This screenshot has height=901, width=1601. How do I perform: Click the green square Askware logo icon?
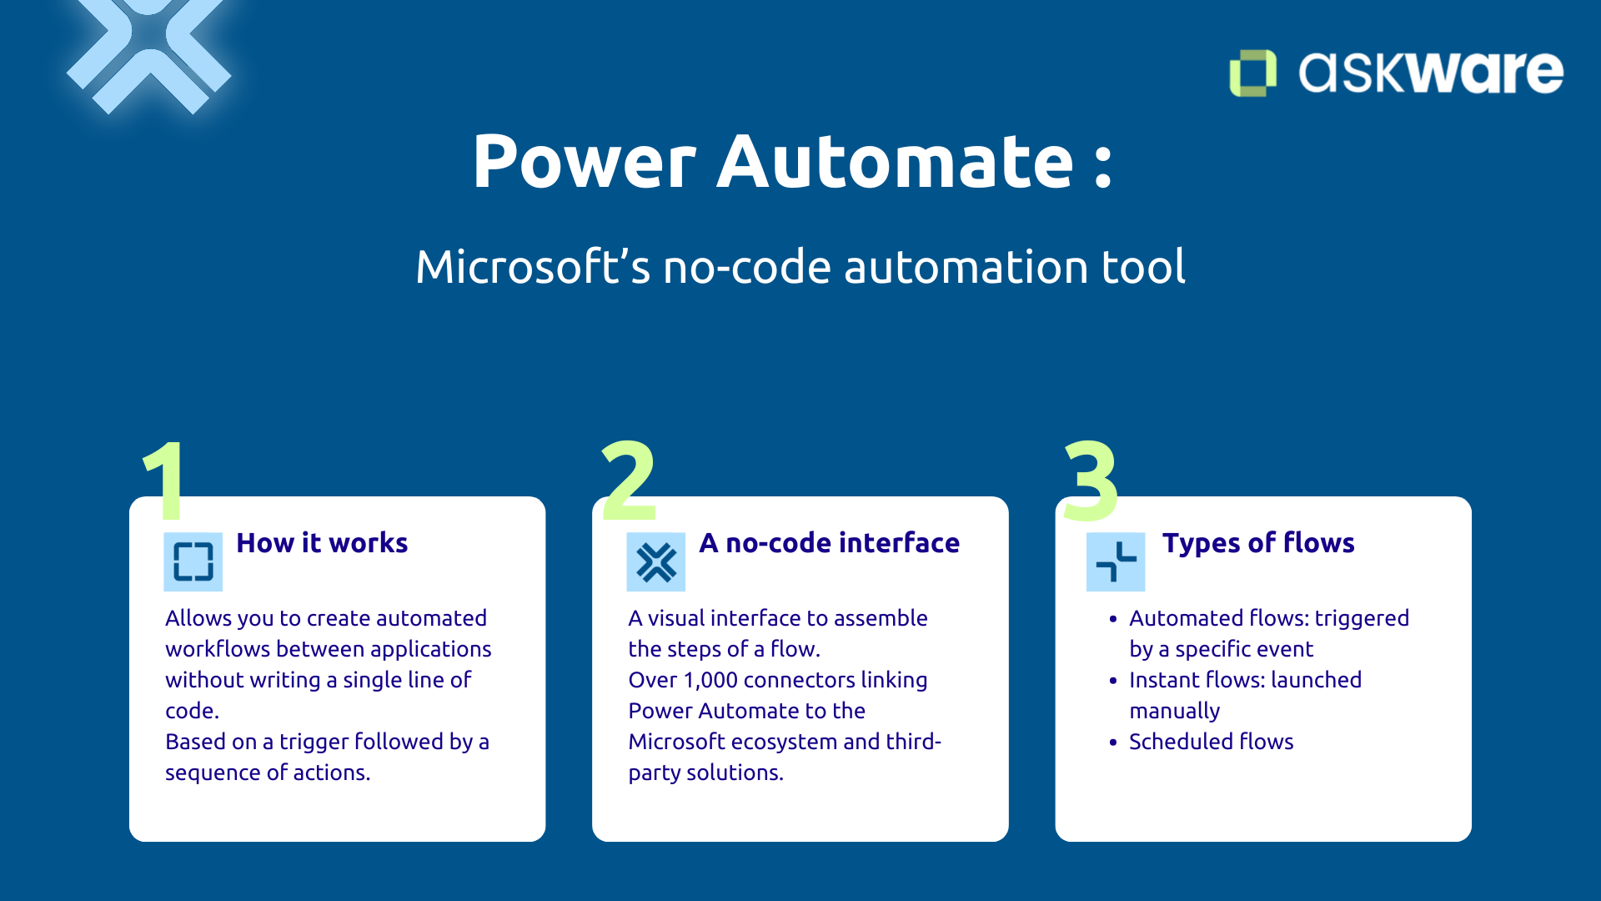pyautogui.click(x=1252, y=73)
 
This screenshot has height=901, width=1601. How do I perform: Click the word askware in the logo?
pyautogui.click(x=1431, y=73)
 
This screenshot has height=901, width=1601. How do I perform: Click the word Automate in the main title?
pyautogui.click(x=896, y=162)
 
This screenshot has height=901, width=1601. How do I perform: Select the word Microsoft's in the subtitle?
pyautogui.click(x=532, y=268)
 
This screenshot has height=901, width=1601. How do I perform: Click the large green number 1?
pyautogui.click(x=165, y=481)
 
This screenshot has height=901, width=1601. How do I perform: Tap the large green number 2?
pyautogui.click(x=628, y=481)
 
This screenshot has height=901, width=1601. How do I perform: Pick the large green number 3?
pyautogui.click(x=1091, y=481)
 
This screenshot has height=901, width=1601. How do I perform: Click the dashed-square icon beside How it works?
pyautogui.click(x=193, y=561)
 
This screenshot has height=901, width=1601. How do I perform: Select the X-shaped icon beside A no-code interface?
pyautogui.click(x=656, y=561)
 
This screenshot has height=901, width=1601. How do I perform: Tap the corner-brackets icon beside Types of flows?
pyautogui.click(x=1116, y=561)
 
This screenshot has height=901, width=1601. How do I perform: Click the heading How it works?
pyautogui.click(x=322, y=543)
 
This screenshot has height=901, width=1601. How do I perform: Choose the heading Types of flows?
pyautogui.click(x=1258, y=543)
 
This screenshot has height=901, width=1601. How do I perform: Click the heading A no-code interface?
pyautogui.click(x=829, y=543)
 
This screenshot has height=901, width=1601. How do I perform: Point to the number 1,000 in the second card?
pyautogui.click(x=710, y=681)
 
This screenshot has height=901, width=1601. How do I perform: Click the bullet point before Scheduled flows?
pyautogui.click(x=1113, y=742)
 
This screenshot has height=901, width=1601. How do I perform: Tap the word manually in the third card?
pyautogui.click(x=1174, y=712)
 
